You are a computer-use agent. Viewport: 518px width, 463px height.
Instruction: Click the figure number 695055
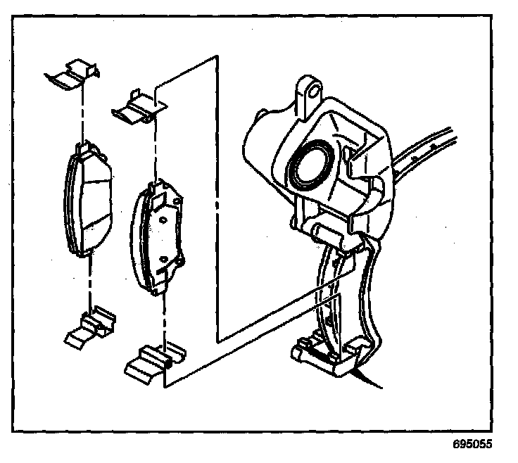click(472, 444)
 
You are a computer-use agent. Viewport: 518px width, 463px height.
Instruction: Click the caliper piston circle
click(310, 164)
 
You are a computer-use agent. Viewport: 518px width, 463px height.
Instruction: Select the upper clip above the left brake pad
click(72, 74)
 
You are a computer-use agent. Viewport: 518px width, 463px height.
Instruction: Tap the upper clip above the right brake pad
click(139, 108)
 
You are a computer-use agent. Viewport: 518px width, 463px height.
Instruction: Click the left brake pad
click(88, 198)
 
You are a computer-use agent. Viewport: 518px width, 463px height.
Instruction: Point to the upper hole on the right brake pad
click(163, 220)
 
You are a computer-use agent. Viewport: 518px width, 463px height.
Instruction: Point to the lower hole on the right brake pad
click(163, 259)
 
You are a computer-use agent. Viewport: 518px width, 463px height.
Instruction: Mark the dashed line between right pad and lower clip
click(164, 320)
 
